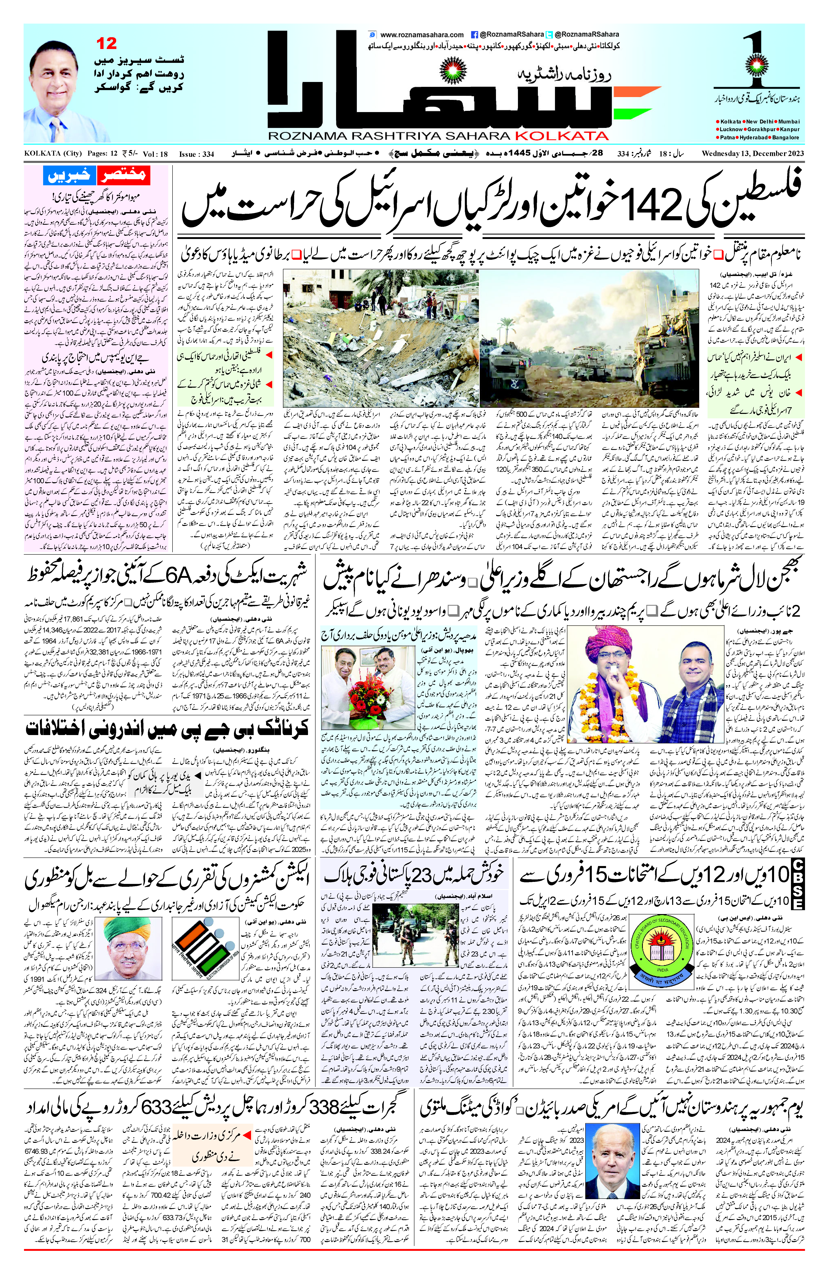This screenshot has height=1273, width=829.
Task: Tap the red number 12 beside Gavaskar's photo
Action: click(x=106, y=43)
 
